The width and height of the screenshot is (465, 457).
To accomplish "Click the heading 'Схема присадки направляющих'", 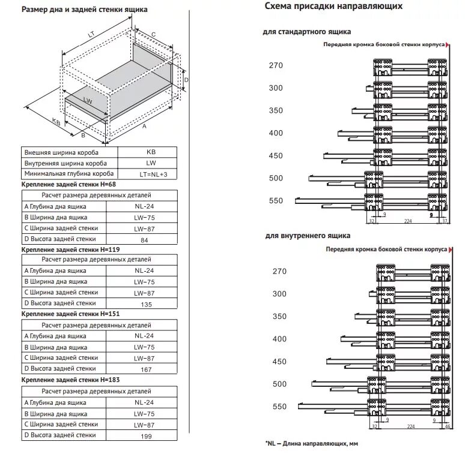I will coord(333,6).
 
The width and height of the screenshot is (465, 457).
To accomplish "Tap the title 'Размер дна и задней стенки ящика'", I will coord(85,10).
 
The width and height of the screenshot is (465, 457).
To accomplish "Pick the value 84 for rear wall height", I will coord(144,239).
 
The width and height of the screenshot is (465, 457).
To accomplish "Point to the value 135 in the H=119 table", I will coord(144,303).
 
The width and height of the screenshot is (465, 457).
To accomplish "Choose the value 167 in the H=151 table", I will coord(144,369).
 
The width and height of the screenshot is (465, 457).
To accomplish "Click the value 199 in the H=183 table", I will coord(144,435).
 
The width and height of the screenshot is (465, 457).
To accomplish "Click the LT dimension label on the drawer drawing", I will coord(91,35).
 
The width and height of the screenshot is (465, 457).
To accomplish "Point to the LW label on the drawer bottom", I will coord(88,101).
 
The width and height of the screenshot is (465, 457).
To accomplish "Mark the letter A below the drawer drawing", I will coord(144,127).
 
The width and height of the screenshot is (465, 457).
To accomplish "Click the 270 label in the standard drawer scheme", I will coord(276,65).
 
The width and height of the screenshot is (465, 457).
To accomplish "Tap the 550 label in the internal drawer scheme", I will coord(279,407).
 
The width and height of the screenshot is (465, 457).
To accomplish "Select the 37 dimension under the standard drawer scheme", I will coord(445,221).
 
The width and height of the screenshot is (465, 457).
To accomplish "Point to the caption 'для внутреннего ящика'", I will coord(307,236).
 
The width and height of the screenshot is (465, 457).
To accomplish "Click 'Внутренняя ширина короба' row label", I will coord(66,163).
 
